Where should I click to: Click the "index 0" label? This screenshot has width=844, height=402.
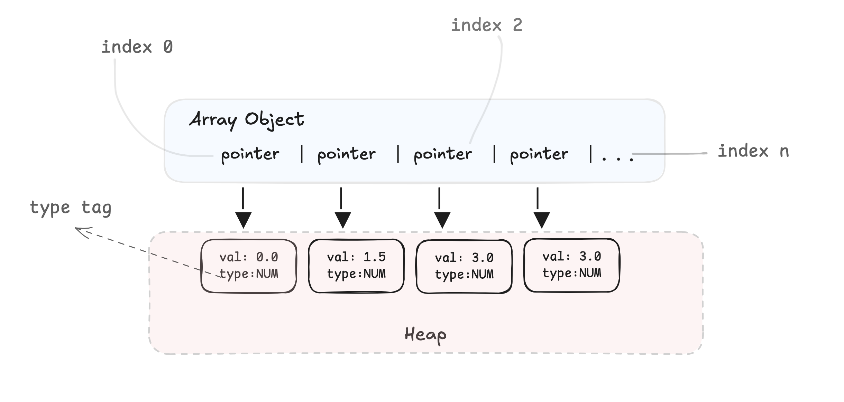[137, 47]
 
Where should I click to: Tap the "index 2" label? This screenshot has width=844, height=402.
[487, 25]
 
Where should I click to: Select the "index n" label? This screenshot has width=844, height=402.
[753, 151]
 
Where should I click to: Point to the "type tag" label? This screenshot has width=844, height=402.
[71, 208]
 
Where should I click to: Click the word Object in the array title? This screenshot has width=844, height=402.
[274, 120]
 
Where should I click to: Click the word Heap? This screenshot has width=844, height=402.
[425, 335]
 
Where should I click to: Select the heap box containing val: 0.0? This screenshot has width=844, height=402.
[249, 266]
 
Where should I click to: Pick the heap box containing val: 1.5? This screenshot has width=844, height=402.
[356, 266]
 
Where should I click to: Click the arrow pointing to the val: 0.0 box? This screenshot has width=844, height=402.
[243, 208]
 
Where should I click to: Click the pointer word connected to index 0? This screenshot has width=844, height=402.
[250, 154]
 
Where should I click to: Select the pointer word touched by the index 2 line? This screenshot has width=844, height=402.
[443, 154]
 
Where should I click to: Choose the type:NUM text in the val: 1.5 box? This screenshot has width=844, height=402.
[356, 274]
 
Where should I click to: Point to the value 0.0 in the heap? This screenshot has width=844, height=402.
[267, 257]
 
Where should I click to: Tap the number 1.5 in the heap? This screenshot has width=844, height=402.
[375, 257]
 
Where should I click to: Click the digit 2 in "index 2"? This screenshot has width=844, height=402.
[517, 25]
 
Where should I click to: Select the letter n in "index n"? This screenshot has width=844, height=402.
[785, 152]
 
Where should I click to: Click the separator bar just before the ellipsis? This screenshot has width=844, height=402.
[591, 154]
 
